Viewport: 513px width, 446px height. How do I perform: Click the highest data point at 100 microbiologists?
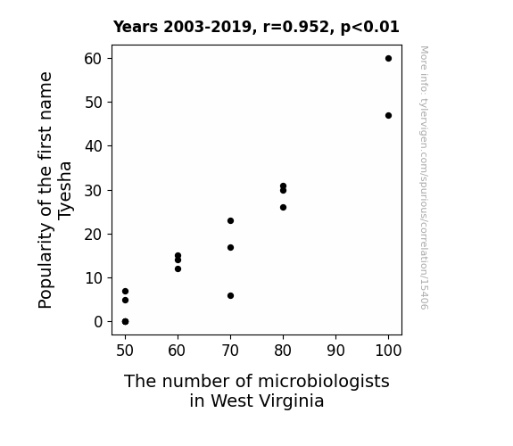pyautogui.click(x=388, y=59)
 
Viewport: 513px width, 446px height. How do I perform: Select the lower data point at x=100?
pyautogui.click(x=388, y=115)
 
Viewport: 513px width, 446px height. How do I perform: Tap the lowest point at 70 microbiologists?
pyautogui.click(x=231, y=296)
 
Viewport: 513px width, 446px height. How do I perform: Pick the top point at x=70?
pyautogui.click(x=231, y=221)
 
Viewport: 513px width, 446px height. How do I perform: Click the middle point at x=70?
pyautogui.click(x=231, y=248)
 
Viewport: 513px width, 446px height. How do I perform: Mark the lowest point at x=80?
pyautogui.click(x=284, y=208)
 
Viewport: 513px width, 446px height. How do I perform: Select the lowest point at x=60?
pyautogui.click(x=178, y=269)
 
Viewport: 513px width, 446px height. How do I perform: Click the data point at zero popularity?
pyautogui.click(x=125, y=322)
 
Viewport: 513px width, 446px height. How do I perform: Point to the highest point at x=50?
pyautogui.click(x=125, y=291)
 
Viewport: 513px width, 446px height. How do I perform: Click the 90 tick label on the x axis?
pyautogui.click(x=335, y=351)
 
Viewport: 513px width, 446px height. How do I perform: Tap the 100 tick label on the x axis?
pyautogui.click(x=388, y=351)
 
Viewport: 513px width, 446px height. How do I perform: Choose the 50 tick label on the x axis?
pyautogui.click(x=125, y=351)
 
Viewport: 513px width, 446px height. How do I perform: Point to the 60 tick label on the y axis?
pyautogui.click(x=94, y=59)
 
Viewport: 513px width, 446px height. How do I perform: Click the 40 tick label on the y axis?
pyautogui.click(x=94, y=146)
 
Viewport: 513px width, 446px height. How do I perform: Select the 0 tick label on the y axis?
pyautogui.click(x=98, y=322)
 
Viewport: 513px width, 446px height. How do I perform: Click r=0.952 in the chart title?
pyautogui.click(x=296, y=27)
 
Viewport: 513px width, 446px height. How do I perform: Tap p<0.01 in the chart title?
pyautogui.click(x=370, y=28)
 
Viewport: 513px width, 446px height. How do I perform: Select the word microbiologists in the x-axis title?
pyautogui.click(x=324, y=382)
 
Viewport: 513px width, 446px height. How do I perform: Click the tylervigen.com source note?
pyautogui.click(x=424, y=178)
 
